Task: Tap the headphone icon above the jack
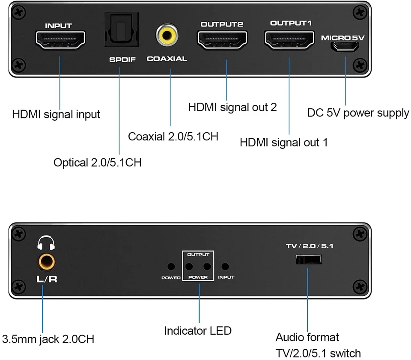click(46, 244)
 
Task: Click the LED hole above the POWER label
click(171, 267)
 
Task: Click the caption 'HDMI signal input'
click(56, 115)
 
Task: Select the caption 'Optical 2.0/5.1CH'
click(98, 163)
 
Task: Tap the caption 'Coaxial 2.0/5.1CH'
click(173, 137)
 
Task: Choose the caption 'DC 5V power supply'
click(358, 113)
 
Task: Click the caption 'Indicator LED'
click(198, 330)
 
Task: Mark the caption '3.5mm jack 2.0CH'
click(48, 339)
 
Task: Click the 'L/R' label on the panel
click(46, 279)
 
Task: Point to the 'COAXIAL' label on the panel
click(167, 59)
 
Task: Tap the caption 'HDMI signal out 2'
click(232, 107)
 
